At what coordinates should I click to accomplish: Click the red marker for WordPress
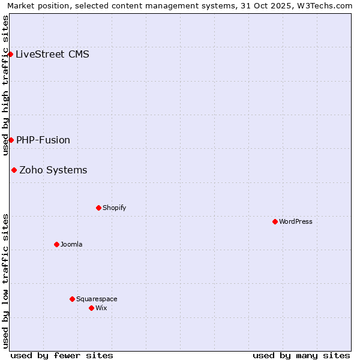(275, 221)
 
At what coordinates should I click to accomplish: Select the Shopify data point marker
(98, 208)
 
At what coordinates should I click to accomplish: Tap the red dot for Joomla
(56, 244)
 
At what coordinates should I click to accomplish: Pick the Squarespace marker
(72, 299)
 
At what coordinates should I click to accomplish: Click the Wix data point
(91, 308)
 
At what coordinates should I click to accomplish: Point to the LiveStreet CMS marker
(10, 54)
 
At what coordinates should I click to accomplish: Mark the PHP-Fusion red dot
(11, 140)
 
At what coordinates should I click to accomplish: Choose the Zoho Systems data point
(14, 170)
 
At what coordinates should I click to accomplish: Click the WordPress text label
(296, 221)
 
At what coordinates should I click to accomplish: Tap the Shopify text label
(114, 208)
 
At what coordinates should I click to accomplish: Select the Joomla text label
(71, 244)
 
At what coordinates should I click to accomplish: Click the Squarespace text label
(97, 299)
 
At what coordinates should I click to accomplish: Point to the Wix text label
(101, 308)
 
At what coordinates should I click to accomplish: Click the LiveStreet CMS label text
(52, 54)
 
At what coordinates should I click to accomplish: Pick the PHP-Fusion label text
(43, 140)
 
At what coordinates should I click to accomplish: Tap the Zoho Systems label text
(53, 170)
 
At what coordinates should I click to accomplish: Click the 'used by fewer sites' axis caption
(62, 355)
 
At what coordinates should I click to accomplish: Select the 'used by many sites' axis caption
(301, 355)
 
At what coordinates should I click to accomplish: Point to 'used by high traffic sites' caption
(5, 85)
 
